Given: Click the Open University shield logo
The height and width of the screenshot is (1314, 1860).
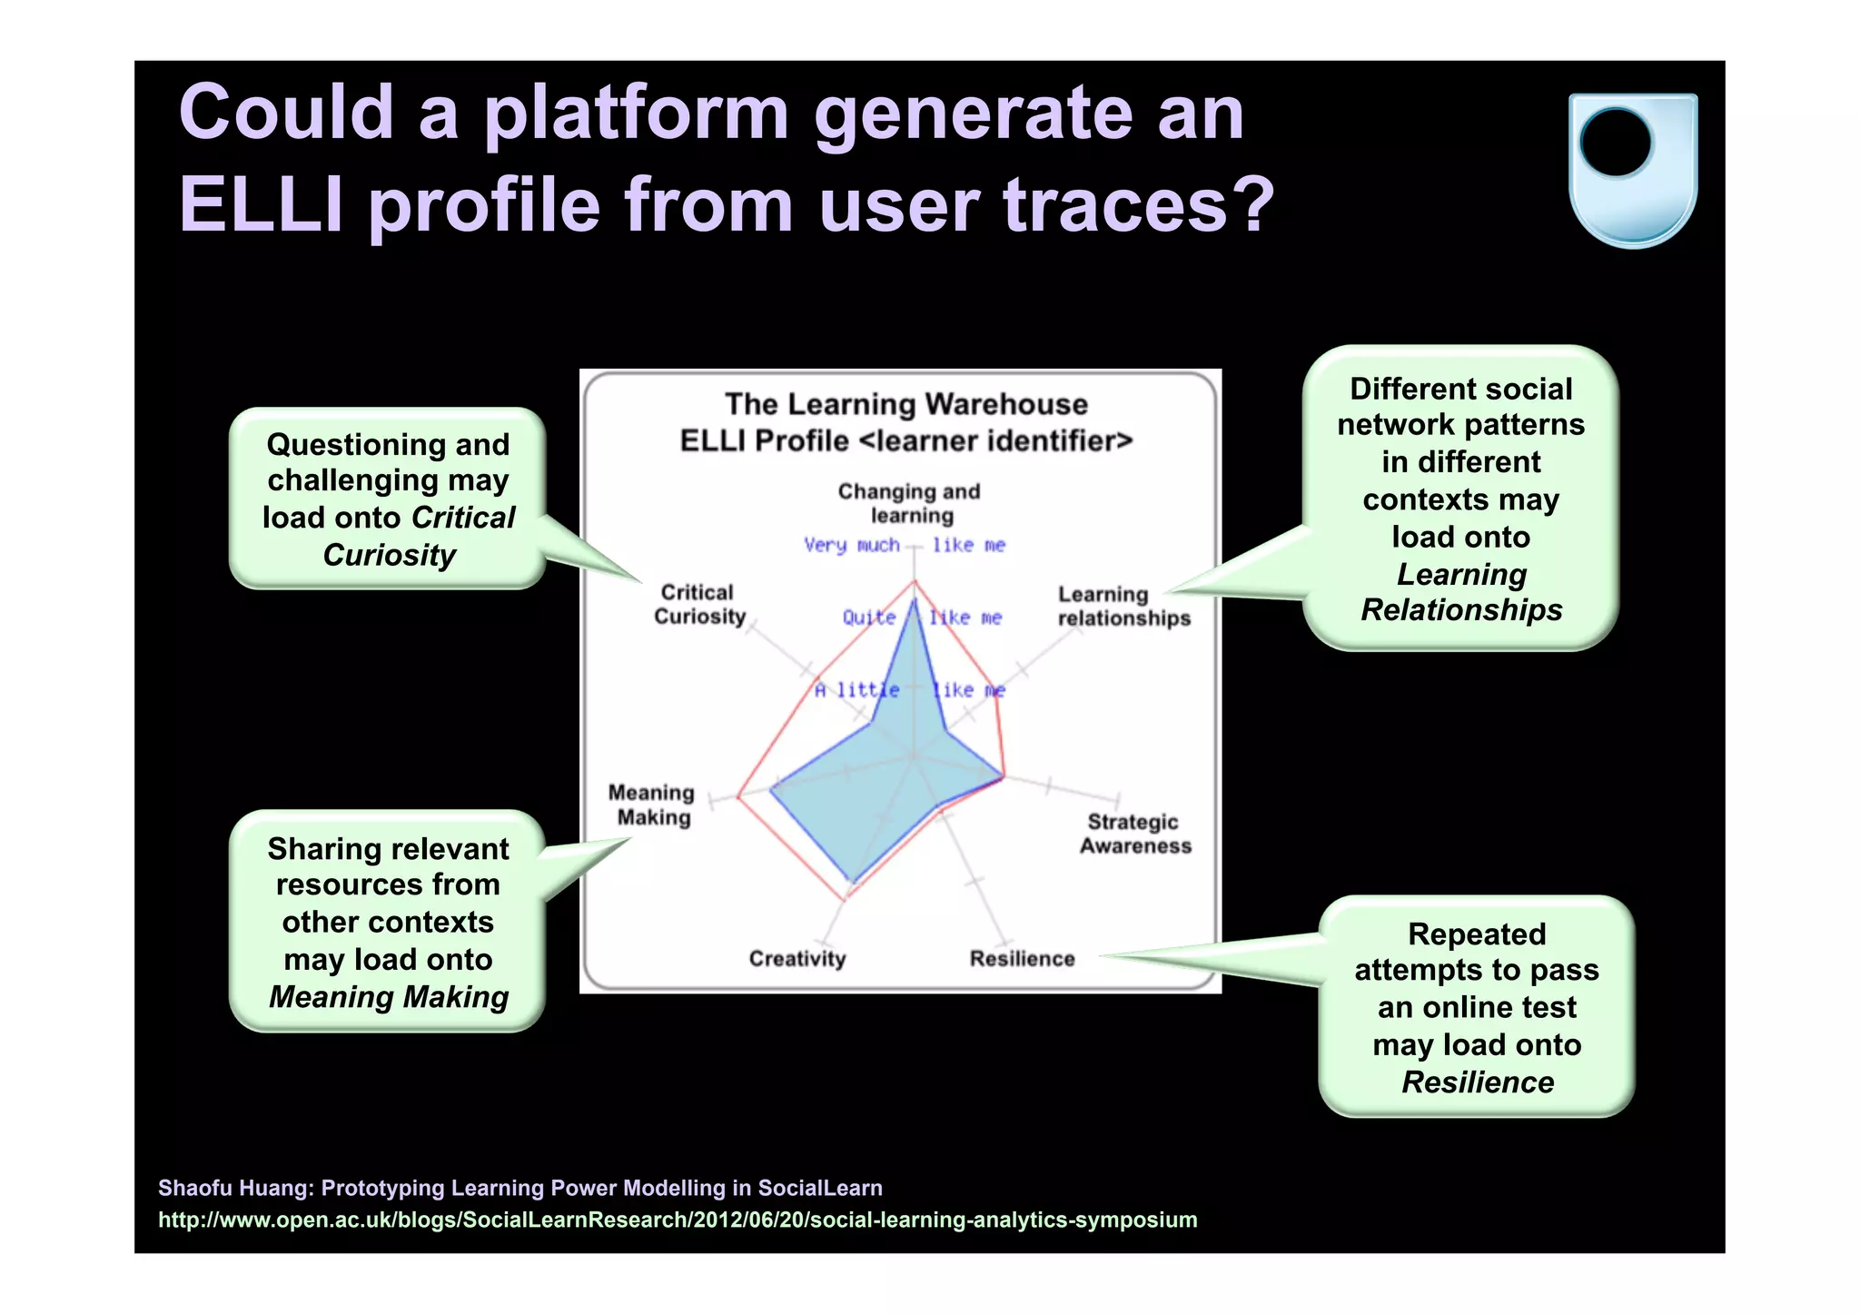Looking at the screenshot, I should (x=1632, y=170).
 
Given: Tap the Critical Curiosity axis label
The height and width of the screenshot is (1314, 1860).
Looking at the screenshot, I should (x=698, y=605).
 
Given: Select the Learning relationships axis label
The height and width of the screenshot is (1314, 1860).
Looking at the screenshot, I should (x=1123, y=607).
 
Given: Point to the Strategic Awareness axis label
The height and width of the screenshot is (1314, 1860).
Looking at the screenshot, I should (x=1134, y=834).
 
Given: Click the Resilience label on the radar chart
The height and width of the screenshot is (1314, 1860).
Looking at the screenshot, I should (x=1022, y=959).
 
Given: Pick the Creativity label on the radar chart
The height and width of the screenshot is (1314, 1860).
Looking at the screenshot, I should (x=796, y=959).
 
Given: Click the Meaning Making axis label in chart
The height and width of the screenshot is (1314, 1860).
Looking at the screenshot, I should (x=652, y=805).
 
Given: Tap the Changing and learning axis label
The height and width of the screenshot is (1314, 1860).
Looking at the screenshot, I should (x=909, y=503).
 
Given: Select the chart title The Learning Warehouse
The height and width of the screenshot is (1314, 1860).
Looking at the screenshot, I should (x=905, y=404).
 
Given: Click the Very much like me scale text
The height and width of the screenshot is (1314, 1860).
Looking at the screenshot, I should (x=904, y=545).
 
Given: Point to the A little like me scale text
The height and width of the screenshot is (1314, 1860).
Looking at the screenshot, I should (x=908, y=690).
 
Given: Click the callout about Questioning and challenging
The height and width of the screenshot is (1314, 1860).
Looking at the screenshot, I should (x=388, y=499).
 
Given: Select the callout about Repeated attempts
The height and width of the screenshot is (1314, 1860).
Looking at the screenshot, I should (x=1476, y=1007).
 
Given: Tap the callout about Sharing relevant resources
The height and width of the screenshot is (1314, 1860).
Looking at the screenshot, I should (x=388, y=922).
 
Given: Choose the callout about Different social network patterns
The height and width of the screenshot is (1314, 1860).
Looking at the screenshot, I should (x=1460, y=499).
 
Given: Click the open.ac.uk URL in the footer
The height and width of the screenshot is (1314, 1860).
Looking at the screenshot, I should (x=677, y=1220).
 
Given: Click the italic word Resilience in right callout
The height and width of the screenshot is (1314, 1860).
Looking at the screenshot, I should (x=1477, y=1082).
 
